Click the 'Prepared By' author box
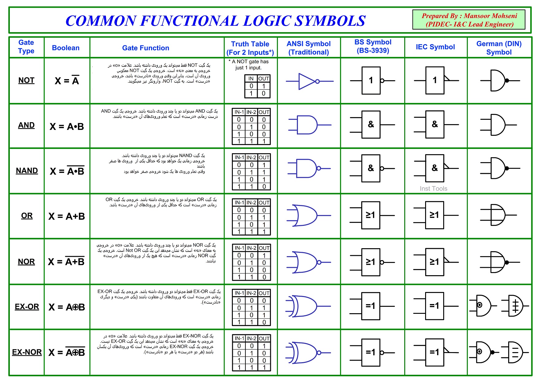(469, 20)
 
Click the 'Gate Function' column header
(145, 48)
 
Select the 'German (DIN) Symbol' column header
(499, 48)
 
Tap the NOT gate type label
(26, 80)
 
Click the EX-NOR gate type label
(27, 352)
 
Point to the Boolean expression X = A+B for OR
(67, 216)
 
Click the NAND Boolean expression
(67, 171)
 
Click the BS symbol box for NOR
(371, 262)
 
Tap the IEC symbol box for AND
(435, 124)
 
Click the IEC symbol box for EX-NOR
(435, 352)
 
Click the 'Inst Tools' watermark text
(433, 188)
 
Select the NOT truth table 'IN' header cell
(251, 78)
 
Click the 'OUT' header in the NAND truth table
(264, 158)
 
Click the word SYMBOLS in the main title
(330, 21)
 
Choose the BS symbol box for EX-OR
(371, 306)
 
